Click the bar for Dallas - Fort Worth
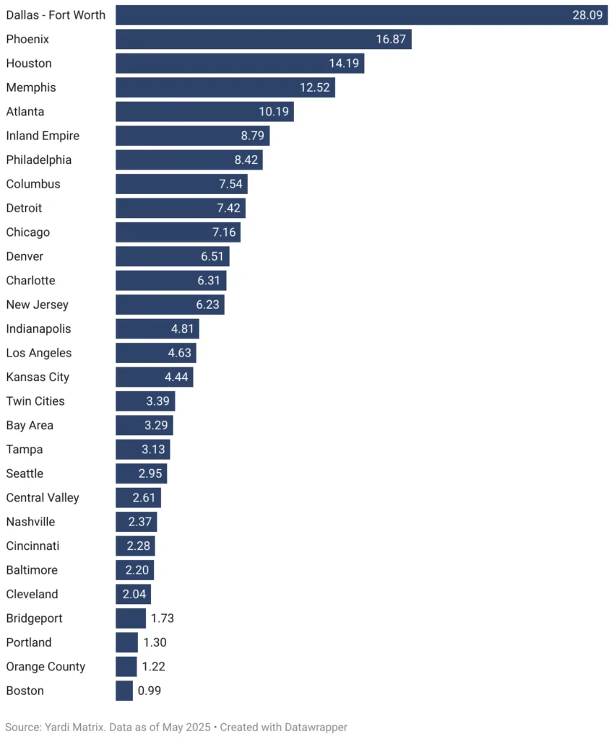point(361,15)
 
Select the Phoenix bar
point(263,39)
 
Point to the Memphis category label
point(31,87)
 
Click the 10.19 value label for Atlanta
point(273,112)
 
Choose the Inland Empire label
point(43,136)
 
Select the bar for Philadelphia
point(189,160)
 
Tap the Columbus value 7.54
point(230,184)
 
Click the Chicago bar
point(178,232)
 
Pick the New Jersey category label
point(38,305)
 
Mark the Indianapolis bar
point(157,329)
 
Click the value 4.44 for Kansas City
point(178,377)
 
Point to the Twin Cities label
point(35,401)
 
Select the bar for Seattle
point(141,473)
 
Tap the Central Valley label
point(43,498)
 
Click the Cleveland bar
point(133,594)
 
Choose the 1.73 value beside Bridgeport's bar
point(163,618)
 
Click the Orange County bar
point(126,667)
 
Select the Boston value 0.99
point(150,691)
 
